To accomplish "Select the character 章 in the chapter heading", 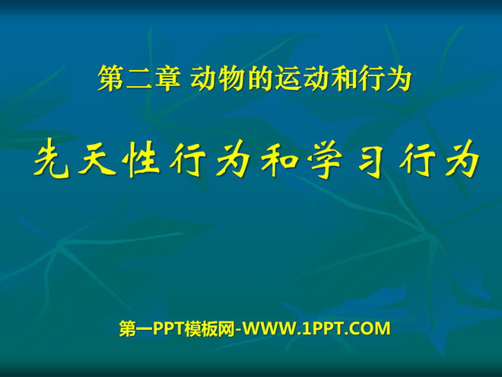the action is (168, 78).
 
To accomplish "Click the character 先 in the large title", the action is (51, 160).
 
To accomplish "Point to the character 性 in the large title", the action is (142, 160).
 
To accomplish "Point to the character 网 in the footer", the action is (227, 328).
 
